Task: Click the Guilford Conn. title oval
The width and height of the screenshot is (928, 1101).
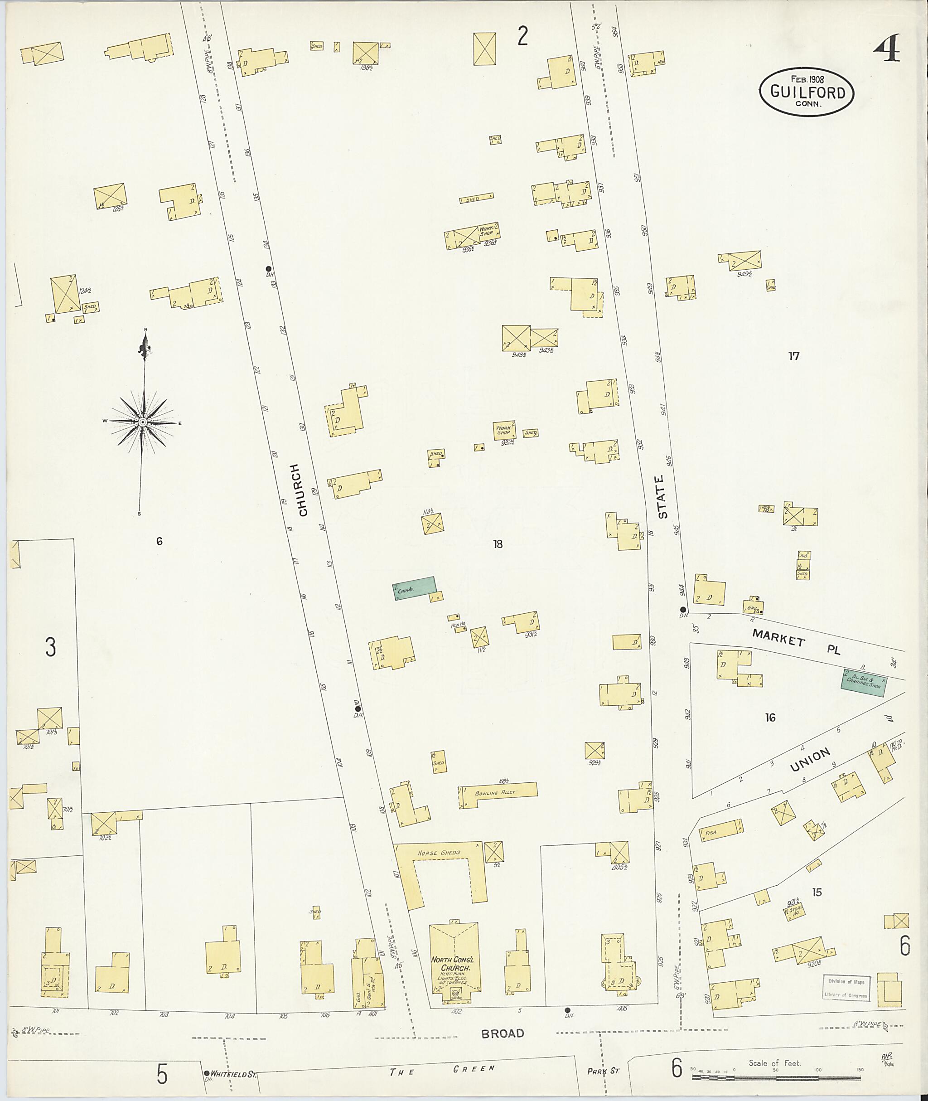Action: click(x=807, y=92)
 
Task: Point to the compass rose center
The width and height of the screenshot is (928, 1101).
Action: click(x=142, y=422)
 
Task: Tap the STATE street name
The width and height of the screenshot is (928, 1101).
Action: click(x=662, y=496)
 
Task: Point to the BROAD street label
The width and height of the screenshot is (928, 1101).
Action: click(x=503, y=1033)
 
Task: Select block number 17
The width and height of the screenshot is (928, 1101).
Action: click(x=794, y=356)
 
